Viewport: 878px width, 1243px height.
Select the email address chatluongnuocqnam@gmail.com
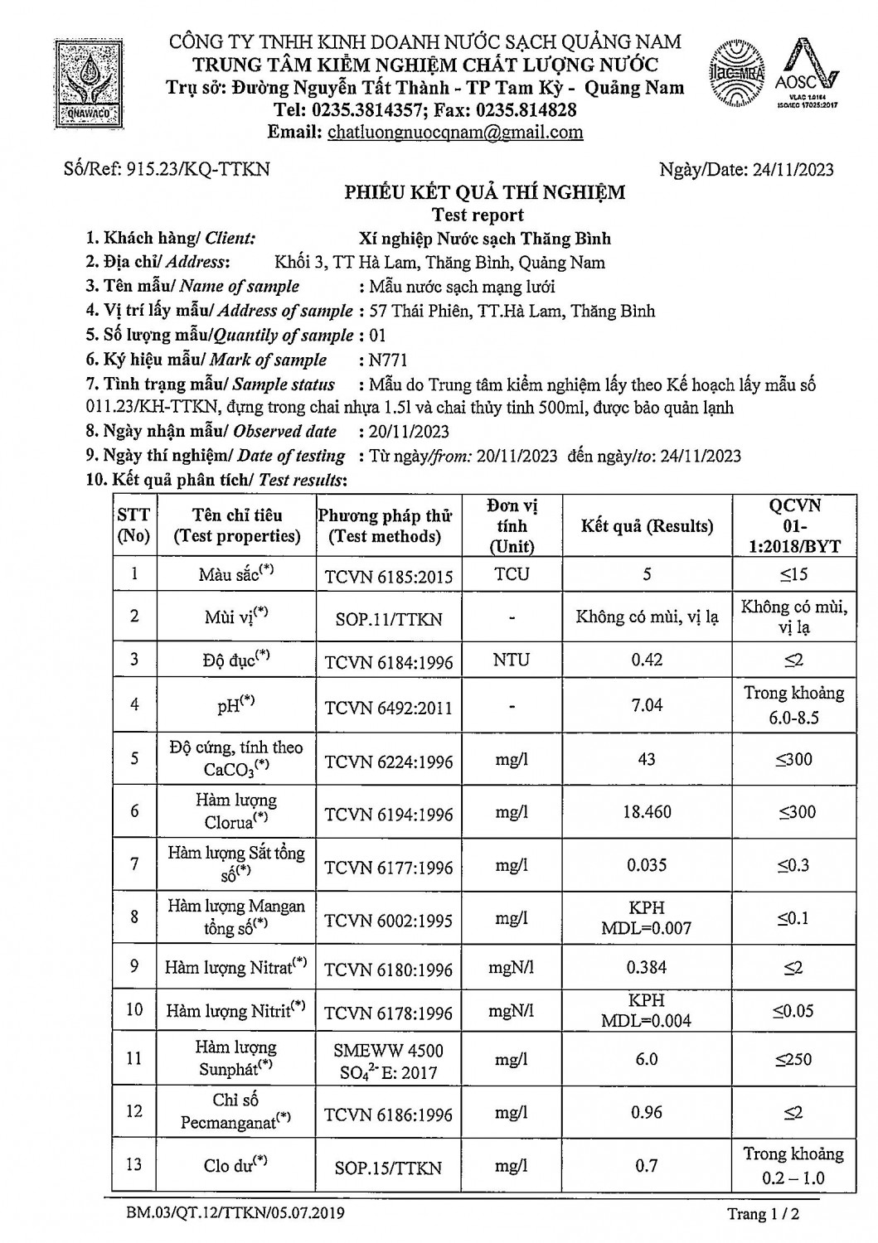coord(455,133)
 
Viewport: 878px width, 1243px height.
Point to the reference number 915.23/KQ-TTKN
coord(167,169)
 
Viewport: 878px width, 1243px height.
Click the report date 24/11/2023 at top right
coord(746,170)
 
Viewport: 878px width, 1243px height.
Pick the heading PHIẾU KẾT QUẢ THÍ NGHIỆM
coord(485,193)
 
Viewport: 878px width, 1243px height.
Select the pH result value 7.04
coord(647,704)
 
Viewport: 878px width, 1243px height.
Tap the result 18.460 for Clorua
coord(647,812)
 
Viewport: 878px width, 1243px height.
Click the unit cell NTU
coord(512,660)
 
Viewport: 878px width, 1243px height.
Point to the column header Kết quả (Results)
coord(647,526)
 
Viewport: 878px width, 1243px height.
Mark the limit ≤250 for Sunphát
coord(793,1059)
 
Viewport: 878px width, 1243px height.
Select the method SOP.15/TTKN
coord(389,1168)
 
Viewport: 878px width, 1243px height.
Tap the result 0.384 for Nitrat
coord(647,967)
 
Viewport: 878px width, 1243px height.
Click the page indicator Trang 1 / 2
coord(763,1215)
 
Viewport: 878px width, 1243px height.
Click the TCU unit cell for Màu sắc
coord(512,574)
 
